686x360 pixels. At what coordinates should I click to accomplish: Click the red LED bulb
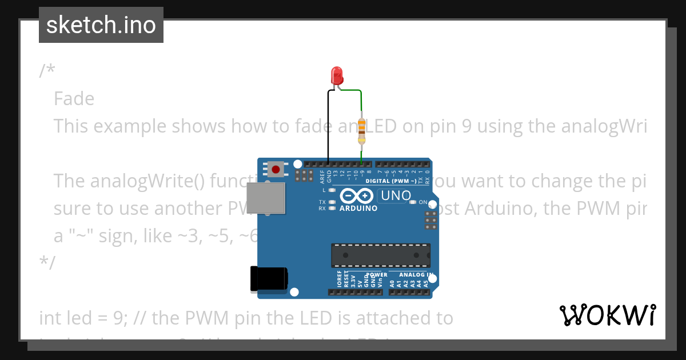point(337,75)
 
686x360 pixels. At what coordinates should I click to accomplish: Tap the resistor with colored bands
point(361,131)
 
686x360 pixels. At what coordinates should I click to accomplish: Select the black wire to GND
point(328,126)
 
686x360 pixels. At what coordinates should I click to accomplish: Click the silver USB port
point(266,198)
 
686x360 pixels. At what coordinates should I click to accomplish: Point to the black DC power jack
point(269,279)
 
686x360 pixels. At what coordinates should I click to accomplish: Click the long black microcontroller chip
point(381,255)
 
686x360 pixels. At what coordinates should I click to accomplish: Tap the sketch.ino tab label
point(101,25)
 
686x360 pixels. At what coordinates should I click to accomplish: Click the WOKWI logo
point(607,315)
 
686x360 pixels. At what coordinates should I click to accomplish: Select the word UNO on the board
point(396,195)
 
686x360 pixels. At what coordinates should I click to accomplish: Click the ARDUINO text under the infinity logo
point(358,209)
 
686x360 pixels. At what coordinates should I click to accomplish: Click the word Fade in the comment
point(74,99)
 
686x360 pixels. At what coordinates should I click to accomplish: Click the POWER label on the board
point(377,275)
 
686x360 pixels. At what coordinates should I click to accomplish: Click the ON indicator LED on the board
point(412,202)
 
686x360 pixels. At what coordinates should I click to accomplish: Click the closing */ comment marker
point(47,262)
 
